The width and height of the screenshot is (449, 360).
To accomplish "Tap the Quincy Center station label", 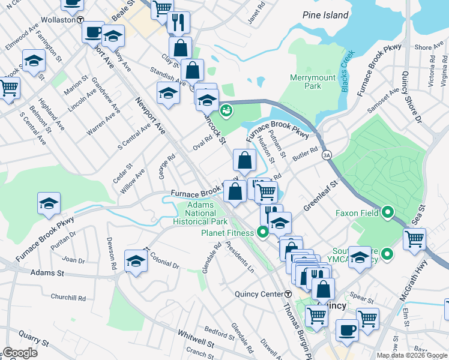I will pos(259,294).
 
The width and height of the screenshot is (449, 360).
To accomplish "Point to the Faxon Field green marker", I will pos(387,212).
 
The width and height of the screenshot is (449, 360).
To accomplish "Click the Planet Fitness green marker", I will pos(262,232).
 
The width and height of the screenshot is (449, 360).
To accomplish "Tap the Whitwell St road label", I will pos(195,340).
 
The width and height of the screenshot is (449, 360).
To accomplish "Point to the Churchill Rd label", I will pos(68,297).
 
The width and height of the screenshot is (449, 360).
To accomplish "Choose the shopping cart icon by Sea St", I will pos(414,239).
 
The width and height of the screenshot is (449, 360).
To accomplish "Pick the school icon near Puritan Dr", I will pos(49,203).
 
